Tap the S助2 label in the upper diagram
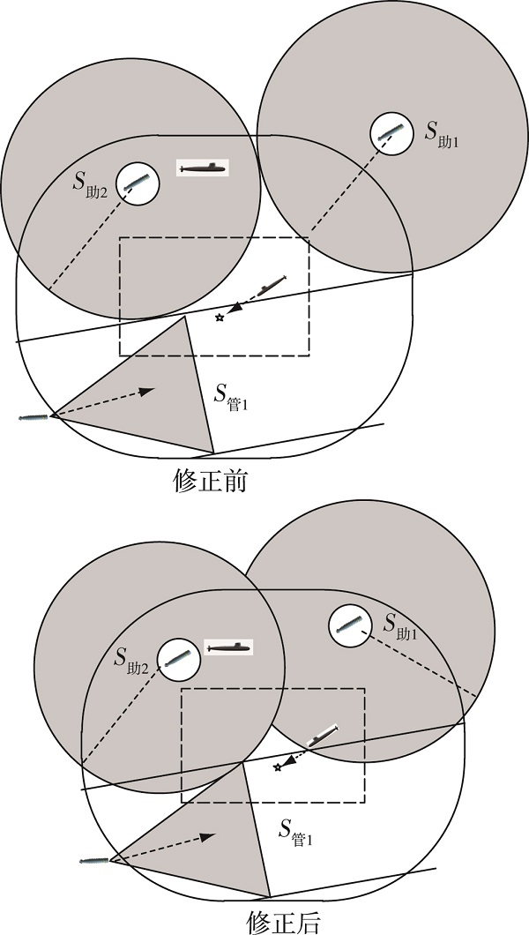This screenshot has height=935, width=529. point(90,183)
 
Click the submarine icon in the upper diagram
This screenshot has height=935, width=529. point(203,168)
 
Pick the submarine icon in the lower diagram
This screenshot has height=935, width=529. point(228,647)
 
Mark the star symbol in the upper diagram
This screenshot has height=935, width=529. point(220,318)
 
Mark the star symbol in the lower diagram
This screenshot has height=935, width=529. point(277,767)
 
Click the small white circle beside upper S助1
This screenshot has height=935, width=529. point(391,133)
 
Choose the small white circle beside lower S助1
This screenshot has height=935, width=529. point(350,625)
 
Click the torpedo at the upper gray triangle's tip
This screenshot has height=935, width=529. point(35,417)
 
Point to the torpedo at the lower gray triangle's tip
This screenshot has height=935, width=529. point(95,860)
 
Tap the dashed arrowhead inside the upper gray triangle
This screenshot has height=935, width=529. point(146,391)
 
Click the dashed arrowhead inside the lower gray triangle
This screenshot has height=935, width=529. point(206,837)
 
